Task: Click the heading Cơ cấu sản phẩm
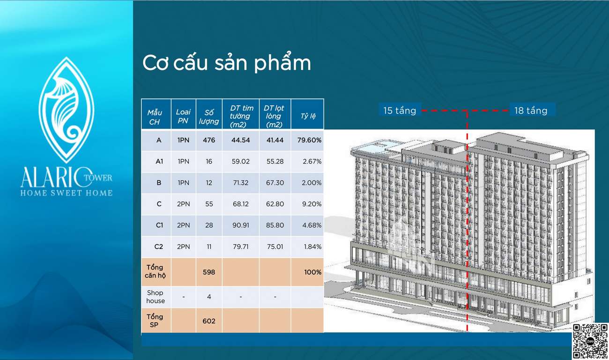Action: coord(226,63)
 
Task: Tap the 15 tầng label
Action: coord(400,111)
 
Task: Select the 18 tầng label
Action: coord(531,111)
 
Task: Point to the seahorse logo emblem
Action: coord(67,110)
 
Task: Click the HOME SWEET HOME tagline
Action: coord(67,193)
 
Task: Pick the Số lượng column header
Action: coord(209,117)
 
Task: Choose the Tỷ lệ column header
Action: coord(308,116)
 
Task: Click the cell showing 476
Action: coord(209,140)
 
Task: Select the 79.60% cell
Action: coord(309,140)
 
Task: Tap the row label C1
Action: coord(159,225)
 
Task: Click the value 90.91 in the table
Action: coord(241,225)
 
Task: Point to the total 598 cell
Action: coord(209,272)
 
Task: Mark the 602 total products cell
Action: coord(209,321)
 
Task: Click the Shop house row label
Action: coord(155,297)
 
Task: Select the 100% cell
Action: coord(312,272)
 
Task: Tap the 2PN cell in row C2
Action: coord(184,247)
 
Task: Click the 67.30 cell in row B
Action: coord(275,183)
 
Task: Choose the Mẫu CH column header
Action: coord(155,117)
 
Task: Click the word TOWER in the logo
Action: coord(98,178)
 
